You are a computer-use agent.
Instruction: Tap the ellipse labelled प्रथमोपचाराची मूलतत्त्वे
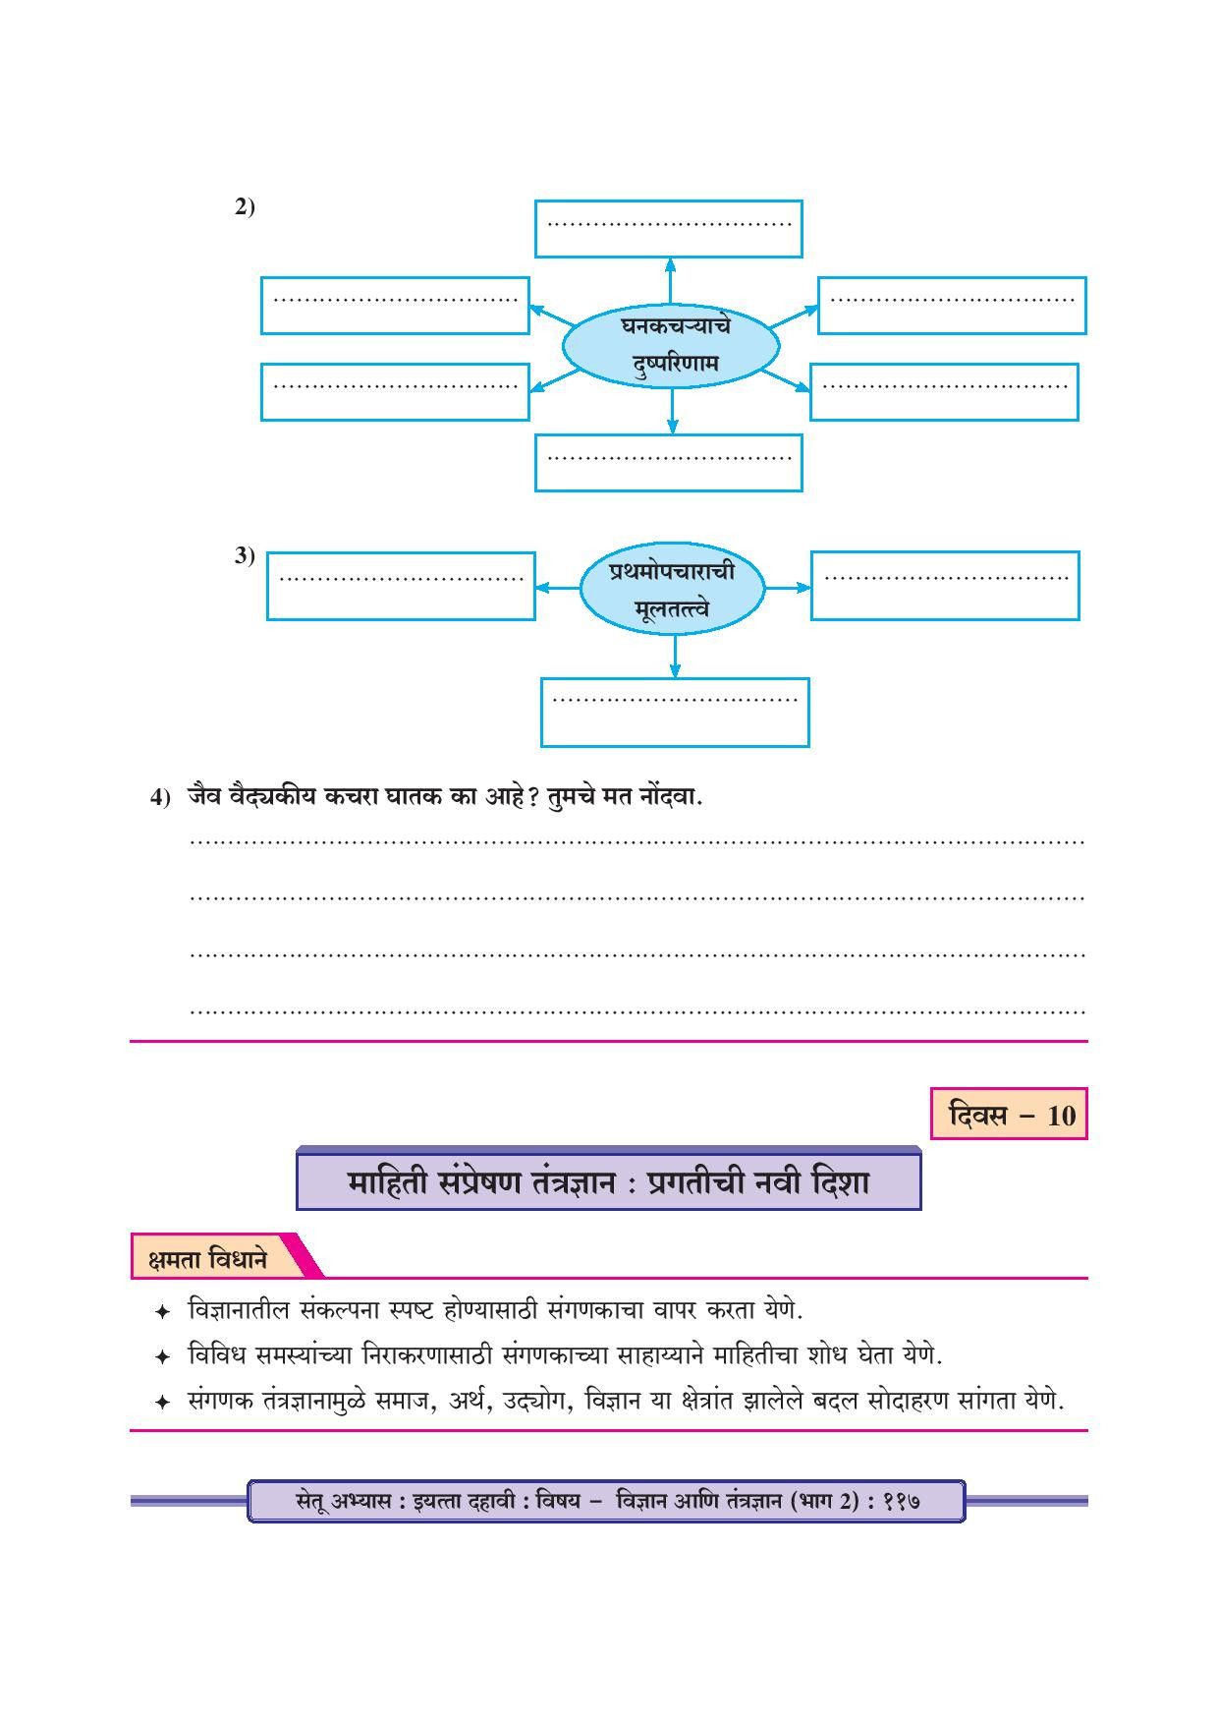[672, 590]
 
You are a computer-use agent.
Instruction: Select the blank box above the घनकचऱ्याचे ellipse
[668, 229]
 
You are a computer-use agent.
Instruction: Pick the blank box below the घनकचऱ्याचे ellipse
[668, 462]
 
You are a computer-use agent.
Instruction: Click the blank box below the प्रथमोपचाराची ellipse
[675, 712]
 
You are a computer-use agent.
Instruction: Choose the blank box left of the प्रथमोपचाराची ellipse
[401, 586]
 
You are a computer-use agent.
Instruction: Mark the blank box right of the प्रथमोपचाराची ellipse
[945, 586]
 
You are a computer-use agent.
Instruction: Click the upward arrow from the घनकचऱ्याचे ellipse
[671, 279]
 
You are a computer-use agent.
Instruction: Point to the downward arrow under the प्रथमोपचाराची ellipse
[675, 656]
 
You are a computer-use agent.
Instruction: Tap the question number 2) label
[245, 207]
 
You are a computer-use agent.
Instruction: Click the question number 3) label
[245, 556]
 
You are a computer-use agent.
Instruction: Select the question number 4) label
[160, 797]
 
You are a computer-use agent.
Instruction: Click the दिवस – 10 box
[1009, 1116]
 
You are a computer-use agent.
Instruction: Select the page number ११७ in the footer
[901, 1501]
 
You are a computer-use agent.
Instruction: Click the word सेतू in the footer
[315, 1502]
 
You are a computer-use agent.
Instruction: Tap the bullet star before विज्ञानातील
[163, 1312]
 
